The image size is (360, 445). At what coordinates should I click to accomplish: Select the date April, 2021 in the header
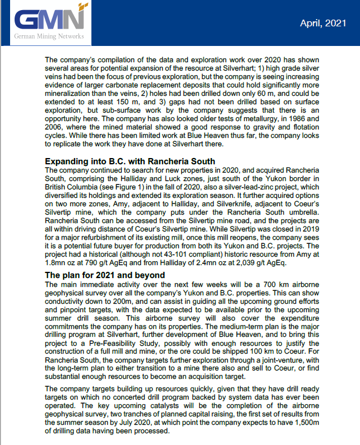pyautogui.click(x=322, y=23)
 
